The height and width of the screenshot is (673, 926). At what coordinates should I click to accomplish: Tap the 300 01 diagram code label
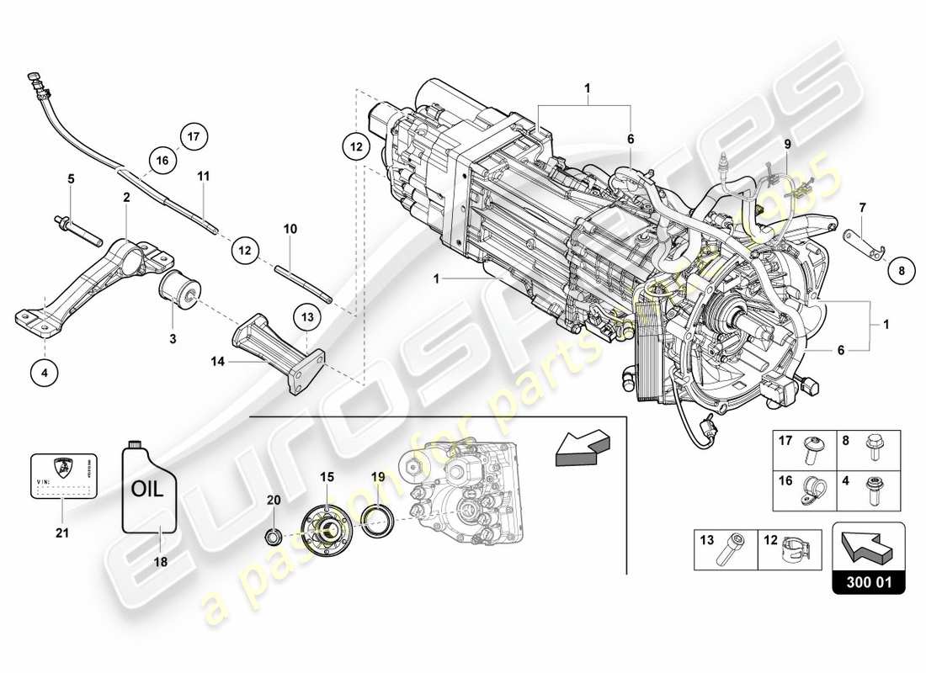tap(868, 581)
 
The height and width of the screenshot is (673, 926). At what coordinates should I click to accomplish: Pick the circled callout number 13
tap(307, 317)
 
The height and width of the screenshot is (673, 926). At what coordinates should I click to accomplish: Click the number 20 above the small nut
tap(274, 499)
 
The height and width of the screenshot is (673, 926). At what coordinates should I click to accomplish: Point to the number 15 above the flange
tap(327, 477)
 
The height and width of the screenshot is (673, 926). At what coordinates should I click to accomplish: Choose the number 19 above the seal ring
tap(378, 477)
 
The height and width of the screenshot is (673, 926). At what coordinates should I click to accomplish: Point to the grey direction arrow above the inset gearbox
tap(581, 446)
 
